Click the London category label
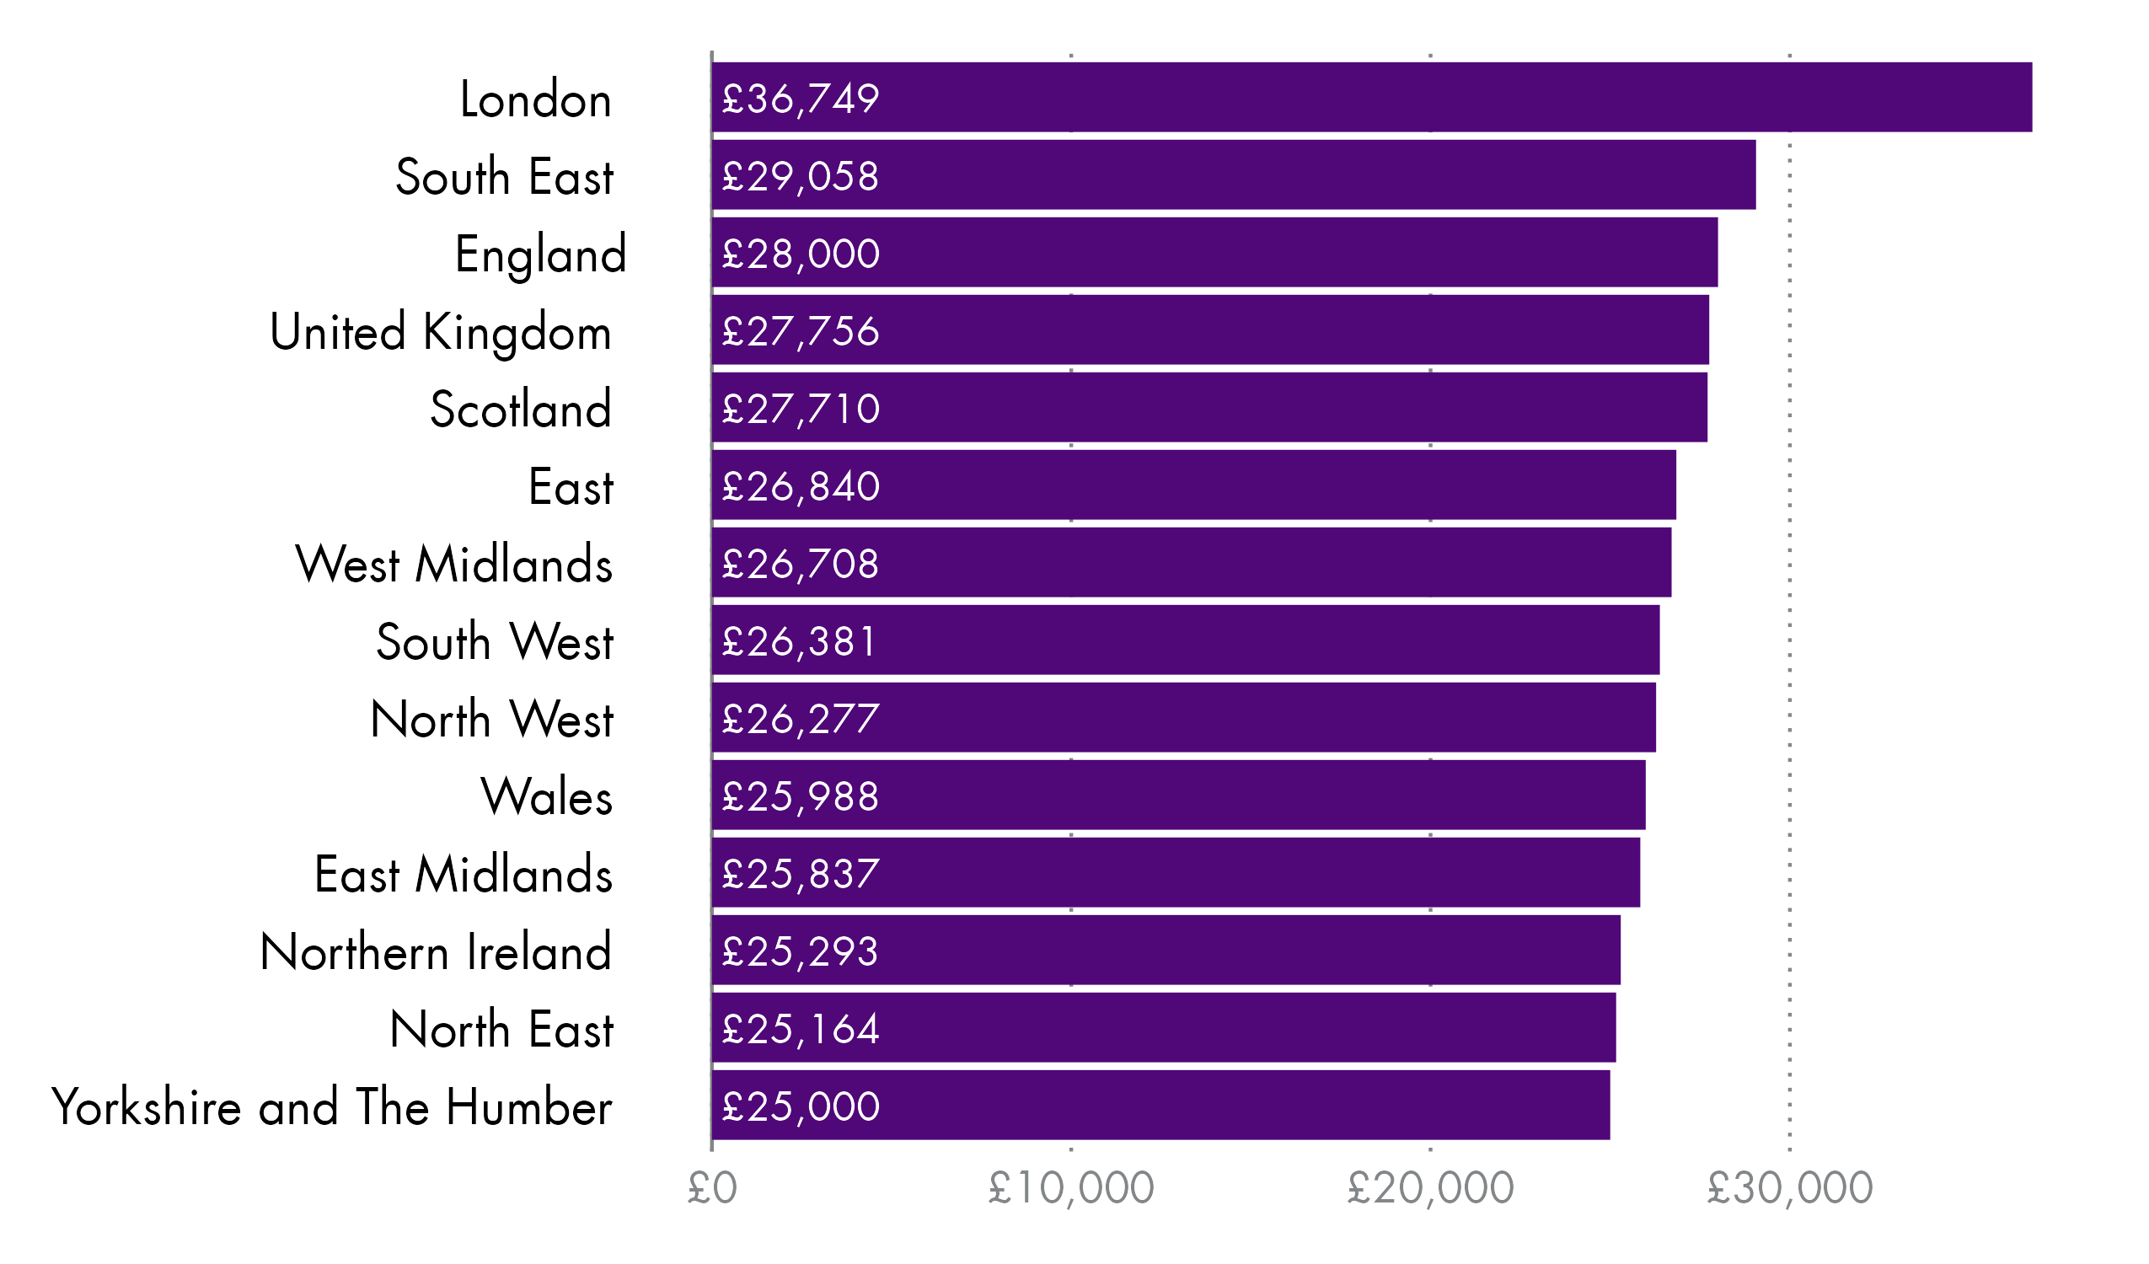(535, 99)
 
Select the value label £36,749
(800, 99)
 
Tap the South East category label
(504, 178)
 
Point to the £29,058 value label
(800, 177)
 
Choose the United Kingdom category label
(440, 333)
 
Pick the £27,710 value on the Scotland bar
(800, 410)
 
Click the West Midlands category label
(453, 565)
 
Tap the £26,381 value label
(799, 641)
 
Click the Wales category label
(547, 797)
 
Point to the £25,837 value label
(800, 874)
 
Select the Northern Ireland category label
(436, 953)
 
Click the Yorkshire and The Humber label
(332, 1108)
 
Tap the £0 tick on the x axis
(712, 1188)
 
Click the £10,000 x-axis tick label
(1071, 1188)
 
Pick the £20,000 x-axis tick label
(1430, 1188)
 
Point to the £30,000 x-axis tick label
(1789, 1188)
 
